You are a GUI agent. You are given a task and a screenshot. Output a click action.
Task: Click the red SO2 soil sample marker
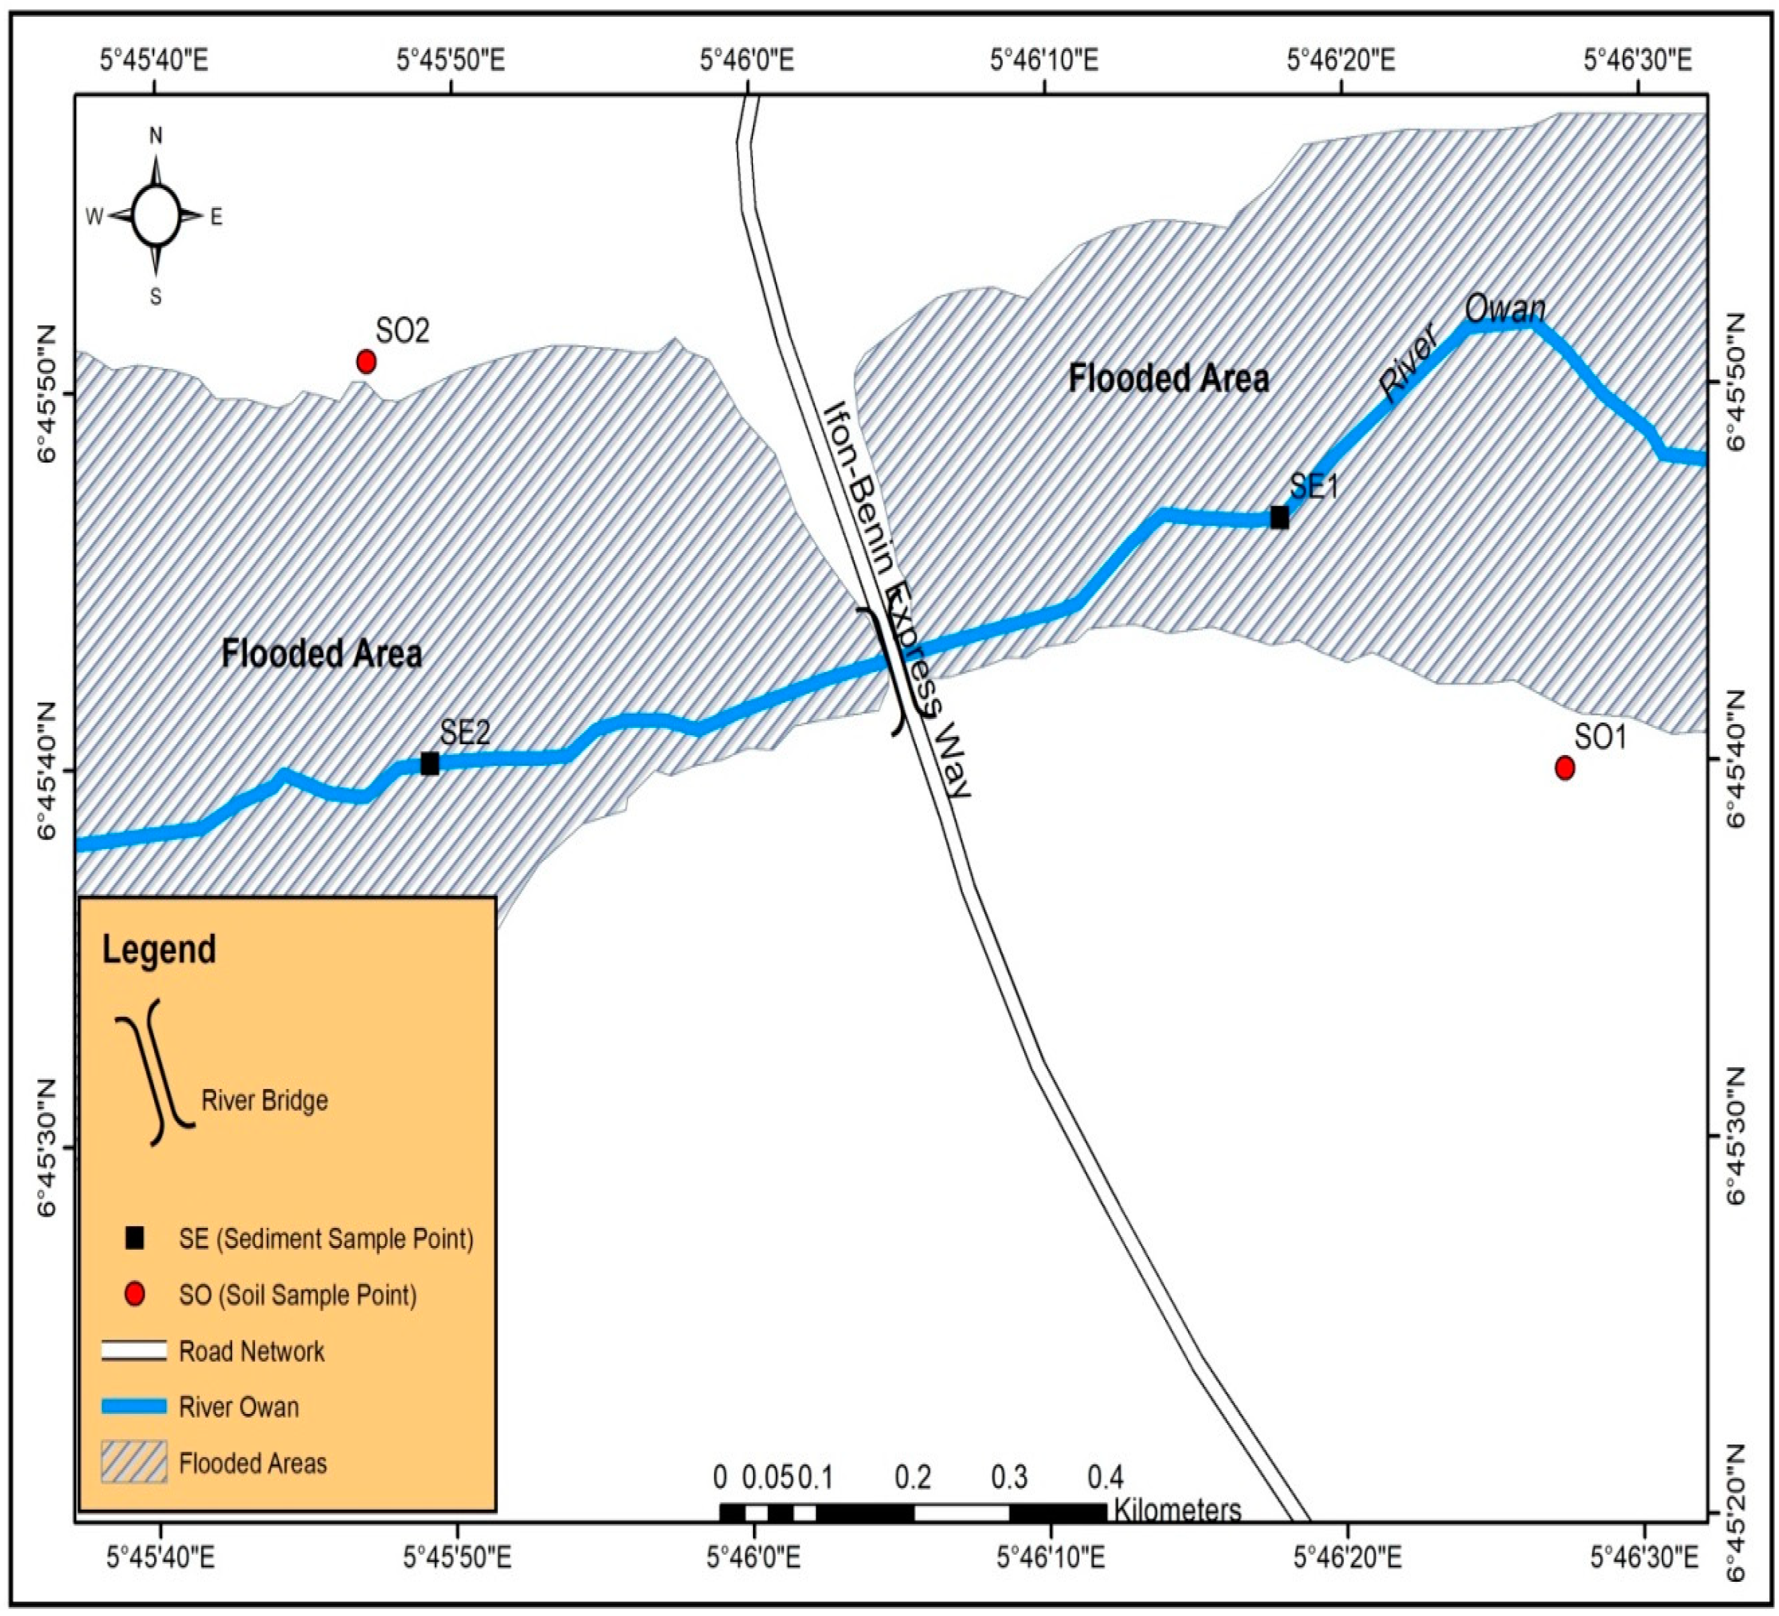(366, 362)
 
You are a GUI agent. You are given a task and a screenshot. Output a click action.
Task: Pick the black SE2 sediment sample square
(430, 764)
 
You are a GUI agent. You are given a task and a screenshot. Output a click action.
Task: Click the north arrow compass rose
(156, 216)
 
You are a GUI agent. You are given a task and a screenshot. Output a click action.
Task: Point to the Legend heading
(159, 950)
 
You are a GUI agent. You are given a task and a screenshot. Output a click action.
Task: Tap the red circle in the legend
(134, 1294)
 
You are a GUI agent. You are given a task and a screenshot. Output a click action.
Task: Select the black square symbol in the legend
(134, 1238)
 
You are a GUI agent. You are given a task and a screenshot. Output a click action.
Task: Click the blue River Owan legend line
(134, 1406)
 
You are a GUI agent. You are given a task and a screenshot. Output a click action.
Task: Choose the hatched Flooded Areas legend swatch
(134, 1462)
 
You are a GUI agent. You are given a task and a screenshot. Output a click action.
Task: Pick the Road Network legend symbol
(134, 1350)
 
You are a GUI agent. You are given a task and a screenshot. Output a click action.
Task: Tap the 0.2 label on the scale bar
(913, 1477)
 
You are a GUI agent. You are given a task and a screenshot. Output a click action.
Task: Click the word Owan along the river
(1505, 309)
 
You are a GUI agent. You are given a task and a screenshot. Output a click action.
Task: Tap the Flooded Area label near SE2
(321, 654)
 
